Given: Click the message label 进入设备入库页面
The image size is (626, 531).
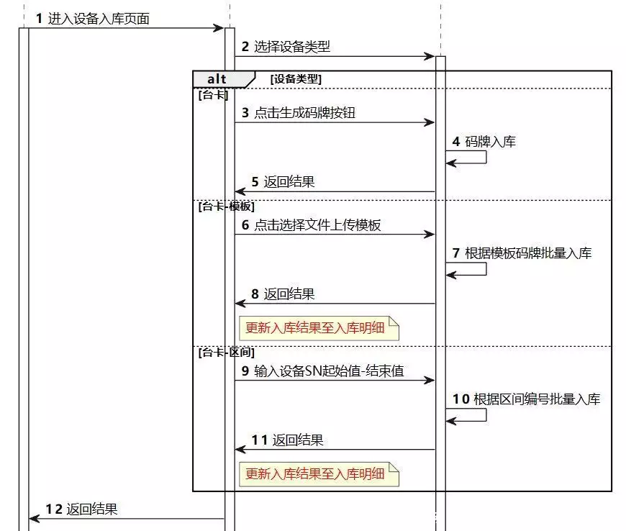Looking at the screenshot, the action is click(99, 19).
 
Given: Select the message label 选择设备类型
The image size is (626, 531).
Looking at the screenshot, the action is click(292, 47).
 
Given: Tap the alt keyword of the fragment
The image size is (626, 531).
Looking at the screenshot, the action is click(217, 79).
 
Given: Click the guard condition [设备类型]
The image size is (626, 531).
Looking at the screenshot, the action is click(296, 78).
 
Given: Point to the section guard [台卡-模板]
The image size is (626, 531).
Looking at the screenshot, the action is click(227, 206).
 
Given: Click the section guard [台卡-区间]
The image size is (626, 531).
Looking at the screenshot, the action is click(227, 352).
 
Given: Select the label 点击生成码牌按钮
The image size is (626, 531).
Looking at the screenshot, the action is click(304, 112).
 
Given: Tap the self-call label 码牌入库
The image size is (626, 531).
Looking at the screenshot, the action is click(490, 141).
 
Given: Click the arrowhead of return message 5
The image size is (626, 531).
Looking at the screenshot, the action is click(240, 191).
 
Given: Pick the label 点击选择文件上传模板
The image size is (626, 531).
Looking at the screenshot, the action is click(317, 224).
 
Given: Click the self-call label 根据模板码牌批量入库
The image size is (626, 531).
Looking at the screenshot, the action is click(528, 253).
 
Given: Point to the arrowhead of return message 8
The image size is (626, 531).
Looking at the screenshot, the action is click(240, 304).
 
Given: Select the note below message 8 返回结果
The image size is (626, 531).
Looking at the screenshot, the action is click(319, 328).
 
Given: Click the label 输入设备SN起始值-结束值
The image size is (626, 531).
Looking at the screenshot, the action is click(329, 371).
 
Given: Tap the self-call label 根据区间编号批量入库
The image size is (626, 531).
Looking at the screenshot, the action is click(537, 399).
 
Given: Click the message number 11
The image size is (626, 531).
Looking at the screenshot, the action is click(260, 440).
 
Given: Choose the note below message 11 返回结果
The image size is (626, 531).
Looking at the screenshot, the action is click(319, 474).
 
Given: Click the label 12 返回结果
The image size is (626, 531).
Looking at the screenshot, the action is click(81, 509).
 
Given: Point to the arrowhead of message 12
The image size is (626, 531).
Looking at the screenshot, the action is click(35, 519).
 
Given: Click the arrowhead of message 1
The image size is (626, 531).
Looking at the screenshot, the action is click(219, 28).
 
